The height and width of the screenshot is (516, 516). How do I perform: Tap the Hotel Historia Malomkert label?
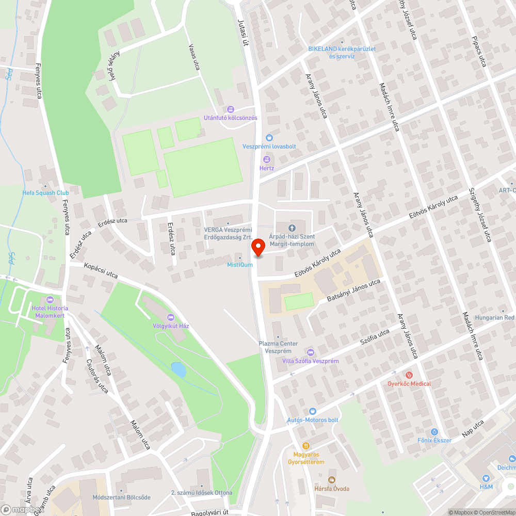[50, 312]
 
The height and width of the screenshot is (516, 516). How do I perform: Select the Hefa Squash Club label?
[45, 193]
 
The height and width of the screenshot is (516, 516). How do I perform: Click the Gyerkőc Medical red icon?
[409, 375]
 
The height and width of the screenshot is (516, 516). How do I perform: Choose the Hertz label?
[267, 168]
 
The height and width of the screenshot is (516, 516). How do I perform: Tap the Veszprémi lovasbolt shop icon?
[269, 138]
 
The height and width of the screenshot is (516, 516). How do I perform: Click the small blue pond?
[179, 369]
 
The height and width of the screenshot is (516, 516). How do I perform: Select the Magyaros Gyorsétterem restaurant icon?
[305, 446]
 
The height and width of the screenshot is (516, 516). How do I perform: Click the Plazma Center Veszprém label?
[278, 347]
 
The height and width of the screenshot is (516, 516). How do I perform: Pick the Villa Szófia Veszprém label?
[310, 361]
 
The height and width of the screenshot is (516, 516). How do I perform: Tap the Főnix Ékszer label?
[434, 440]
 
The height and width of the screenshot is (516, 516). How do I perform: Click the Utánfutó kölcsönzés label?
[230, 118]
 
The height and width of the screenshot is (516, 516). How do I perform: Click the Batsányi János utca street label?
[353, 291]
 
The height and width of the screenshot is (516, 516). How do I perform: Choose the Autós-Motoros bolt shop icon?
[312, 411]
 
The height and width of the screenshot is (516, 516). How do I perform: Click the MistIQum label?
[240, 265]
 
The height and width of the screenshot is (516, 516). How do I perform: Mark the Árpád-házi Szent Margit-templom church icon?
[292, 228]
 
